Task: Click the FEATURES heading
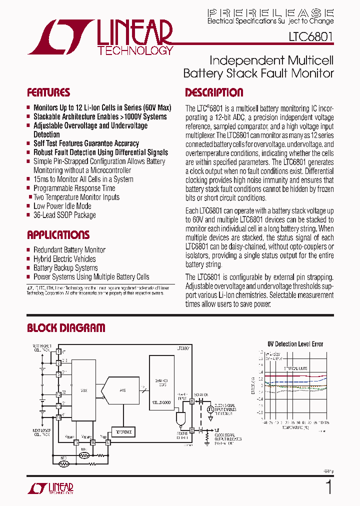click(x=48, y=92)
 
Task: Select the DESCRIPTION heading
click(x=214, y=92)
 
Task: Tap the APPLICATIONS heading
click(x=58, y=235)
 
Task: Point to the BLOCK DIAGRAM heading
click(x=66, y=328)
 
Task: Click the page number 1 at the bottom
click(x=328, y=487)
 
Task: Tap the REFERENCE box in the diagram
click(x=123, y=432)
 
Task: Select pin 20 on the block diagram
click(x=192, y=401)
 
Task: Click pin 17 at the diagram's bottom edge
click(x=107, y=442)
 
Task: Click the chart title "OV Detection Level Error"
click(x=295, y=344)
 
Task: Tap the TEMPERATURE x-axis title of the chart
click(x=294, y=428)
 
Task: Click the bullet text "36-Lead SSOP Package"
click(x=64, y=215)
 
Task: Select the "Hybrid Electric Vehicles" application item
click(x=64, y=259)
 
